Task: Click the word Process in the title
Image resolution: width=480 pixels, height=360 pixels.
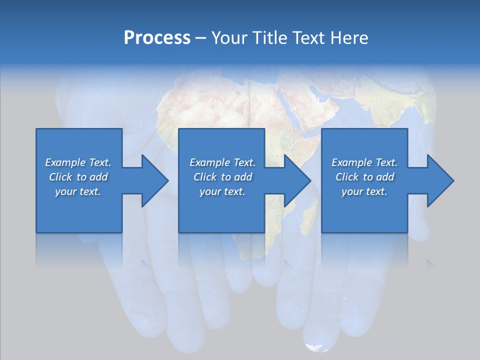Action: [x=157, y=38]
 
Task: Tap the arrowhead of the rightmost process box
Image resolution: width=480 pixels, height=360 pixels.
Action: [x=440, y=180]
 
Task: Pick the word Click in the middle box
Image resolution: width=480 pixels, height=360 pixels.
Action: [x=204, y=177]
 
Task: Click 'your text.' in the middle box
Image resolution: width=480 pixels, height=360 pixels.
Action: [x=222, y=191]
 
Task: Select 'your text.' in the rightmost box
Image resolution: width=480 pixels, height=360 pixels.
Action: [x=364, y=191]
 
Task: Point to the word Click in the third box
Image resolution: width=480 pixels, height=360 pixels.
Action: [x=346, y=177]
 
